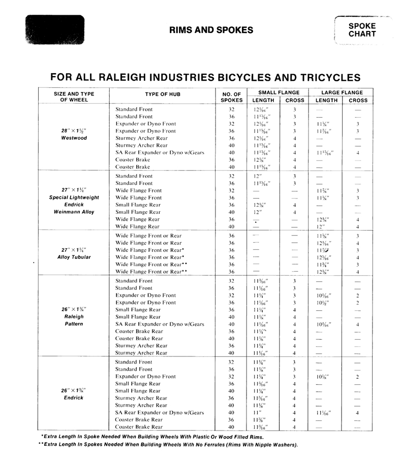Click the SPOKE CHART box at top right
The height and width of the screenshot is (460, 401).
(362, 30)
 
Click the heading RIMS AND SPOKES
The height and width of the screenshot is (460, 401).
(211, 30)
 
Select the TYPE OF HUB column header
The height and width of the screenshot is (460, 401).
(162, 94)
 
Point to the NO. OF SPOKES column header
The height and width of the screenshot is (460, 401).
(231, 96)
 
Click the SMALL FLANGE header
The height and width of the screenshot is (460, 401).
(279, 92)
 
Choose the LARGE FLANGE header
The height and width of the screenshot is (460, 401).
(342, 92)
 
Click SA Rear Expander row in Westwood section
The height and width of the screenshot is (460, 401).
(160, 152)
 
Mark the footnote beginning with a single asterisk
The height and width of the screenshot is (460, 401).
(152, 437)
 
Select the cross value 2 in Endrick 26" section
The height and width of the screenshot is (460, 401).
(358, 377)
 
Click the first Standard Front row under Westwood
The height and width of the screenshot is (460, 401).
(134, 109)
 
